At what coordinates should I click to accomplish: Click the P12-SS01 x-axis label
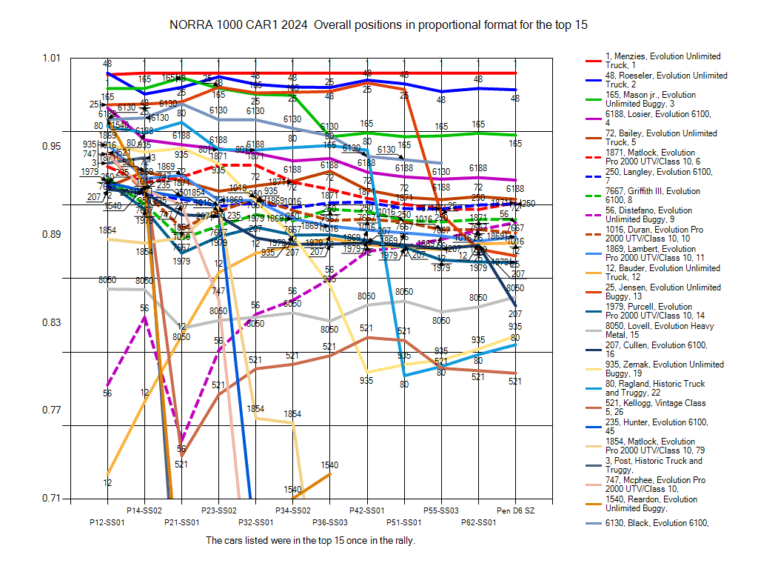pyautogui.click(x=107, y=522)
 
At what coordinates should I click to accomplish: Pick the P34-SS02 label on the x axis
pyautogui.click(x=292, y=510)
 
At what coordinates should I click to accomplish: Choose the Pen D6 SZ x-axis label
pyautogui.click(x=515, y=510)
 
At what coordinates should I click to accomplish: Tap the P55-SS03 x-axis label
pyautogui.click(x=441, y=510)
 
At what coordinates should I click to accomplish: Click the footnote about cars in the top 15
pyautogui.click(x=310, y=540)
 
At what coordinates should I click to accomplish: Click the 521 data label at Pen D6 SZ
pyautogui.click(x=515, y=382)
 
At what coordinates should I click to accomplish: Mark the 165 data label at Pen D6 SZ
pyautogui.click(x=515, y=144)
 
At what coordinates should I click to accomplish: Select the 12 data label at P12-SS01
pyautogui.click(x=107, y=483)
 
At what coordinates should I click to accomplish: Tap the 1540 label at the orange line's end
pyautogui.click(x=329, y=465)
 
